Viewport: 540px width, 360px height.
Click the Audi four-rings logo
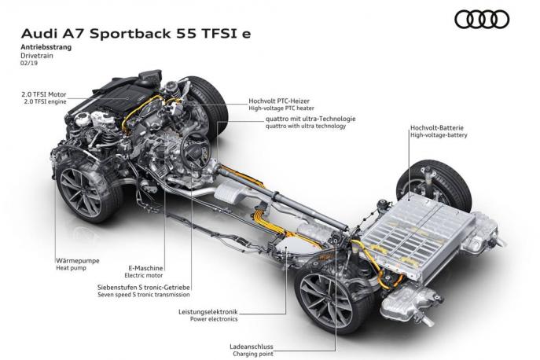click(x=482, y=19)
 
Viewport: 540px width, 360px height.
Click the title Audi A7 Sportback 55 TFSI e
click(x=136, y=34)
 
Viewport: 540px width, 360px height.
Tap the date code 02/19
click(x=29, y=63)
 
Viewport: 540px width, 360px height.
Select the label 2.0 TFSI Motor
click(x=44, y=94)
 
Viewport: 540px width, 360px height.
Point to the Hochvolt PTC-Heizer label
click(x=279, y=101)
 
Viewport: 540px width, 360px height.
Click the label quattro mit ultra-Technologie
click(x=310, y=119)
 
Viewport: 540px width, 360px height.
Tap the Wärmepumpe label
click(x=78, y=261)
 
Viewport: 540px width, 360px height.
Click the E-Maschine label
click(x=145, y=268)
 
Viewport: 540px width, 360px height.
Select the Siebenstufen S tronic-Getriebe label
click(x=144, y=288)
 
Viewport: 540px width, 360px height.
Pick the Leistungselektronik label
click(x=208, y=312)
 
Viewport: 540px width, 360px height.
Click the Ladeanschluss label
click(x=252, y=347)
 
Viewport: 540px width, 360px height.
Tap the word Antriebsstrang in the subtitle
click(x=46, y=47)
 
